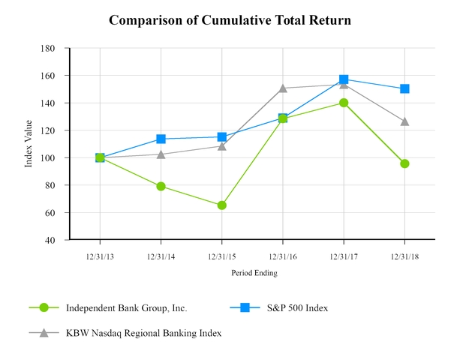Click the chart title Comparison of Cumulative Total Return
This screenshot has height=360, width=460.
[x=230, y=20]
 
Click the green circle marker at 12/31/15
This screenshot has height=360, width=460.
[x=221, y=205]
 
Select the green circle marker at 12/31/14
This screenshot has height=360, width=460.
[x=161, y=186]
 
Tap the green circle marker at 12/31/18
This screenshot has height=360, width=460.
[x=404, y=163]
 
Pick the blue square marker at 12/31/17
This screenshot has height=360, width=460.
[x=344, y=79]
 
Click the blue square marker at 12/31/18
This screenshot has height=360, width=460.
[x=404, y=88]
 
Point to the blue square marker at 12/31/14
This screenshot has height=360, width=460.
[x=161, y=139]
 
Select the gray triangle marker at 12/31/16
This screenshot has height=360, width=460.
[x=283, y=88]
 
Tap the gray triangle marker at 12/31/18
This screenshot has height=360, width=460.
[x=404, y=121]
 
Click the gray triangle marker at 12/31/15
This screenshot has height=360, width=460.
[x=221, y=145]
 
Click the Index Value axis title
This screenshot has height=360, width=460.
[x=29, y=144]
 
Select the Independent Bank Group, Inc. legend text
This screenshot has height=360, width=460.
[x=126, y=307]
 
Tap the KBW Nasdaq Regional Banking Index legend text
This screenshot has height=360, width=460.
[x=143, y=332]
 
